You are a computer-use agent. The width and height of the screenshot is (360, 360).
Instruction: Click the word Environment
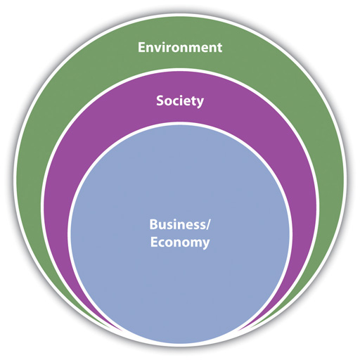tap(180, 47)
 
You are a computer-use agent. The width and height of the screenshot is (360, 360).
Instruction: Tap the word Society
tap(180, 101)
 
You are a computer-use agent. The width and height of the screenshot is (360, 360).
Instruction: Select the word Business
tap(178, 224)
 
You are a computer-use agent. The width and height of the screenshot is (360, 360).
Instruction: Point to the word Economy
tap(180, 243)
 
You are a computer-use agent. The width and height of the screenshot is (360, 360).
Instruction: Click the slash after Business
tap(208, 224)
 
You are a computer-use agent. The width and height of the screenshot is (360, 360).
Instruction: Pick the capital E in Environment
tap(141, 47)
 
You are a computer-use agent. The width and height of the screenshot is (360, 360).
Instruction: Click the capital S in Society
tap(160, 101)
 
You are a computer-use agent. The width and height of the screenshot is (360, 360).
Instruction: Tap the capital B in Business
tap(154, 224)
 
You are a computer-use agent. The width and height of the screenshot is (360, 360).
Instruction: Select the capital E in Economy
tap(154, 242)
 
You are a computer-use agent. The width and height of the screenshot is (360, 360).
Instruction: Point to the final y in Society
tap(200, 103)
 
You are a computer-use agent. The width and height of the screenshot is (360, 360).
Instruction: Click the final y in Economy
tap(206, 245)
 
